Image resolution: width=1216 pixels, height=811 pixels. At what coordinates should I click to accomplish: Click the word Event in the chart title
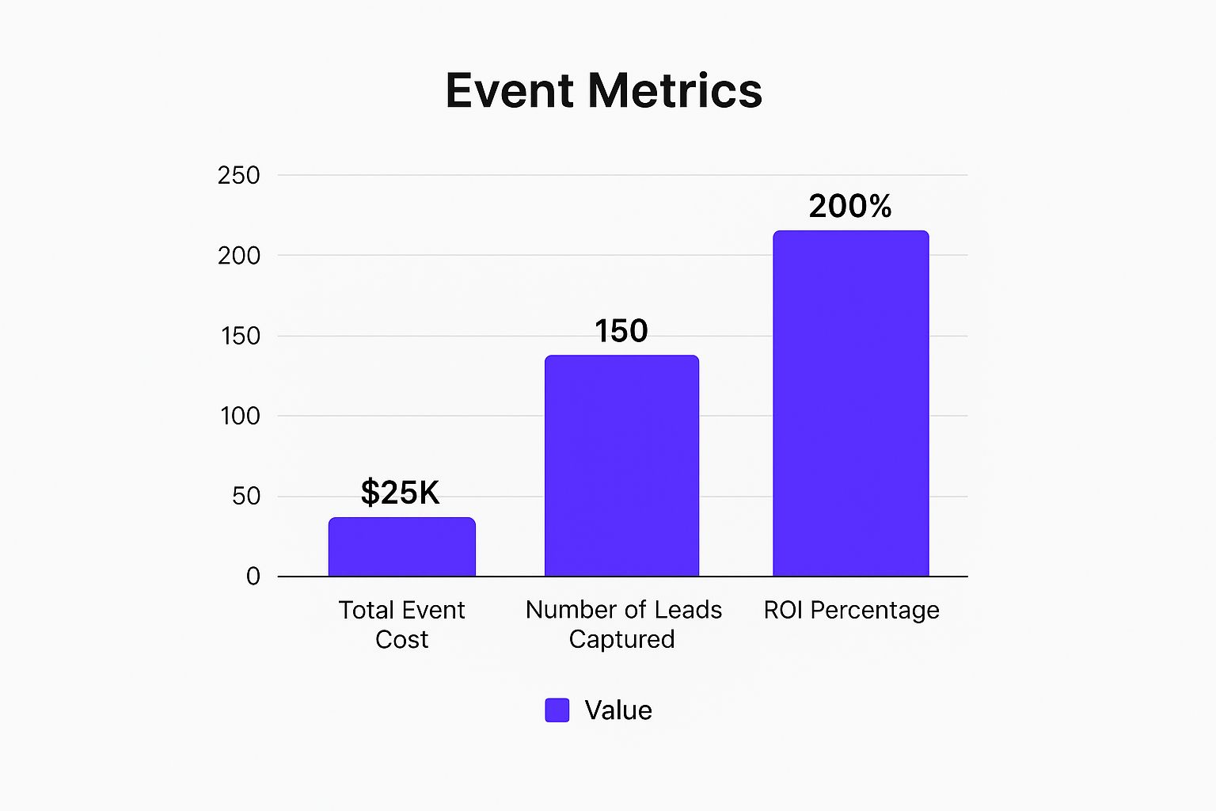click(511, 90)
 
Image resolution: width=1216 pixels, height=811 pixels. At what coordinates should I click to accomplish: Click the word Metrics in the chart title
click(674, 90)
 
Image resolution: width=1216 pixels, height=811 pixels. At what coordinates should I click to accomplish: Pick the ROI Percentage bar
click(850, 403)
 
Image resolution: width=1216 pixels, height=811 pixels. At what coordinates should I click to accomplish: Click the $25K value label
click(400, 493)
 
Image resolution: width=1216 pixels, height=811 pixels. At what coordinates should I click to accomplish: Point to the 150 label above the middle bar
click(621, 331)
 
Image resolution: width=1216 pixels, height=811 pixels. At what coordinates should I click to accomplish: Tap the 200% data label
click(850, 207)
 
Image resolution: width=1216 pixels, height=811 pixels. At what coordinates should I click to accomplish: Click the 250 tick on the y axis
click(238, 175)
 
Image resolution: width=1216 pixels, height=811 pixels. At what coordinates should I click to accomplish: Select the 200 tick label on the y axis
click(238, 256)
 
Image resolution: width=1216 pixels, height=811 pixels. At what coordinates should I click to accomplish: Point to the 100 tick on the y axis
click(240, 416)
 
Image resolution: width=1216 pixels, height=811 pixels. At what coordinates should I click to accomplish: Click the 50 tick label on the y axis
click(245, 497)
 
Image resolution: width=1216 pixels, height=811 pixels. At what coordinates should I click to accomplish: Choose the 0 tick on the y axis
click(253, 577)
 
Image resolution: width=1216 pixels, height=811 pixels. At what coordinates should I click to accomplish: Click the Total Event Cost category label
click(401, 624)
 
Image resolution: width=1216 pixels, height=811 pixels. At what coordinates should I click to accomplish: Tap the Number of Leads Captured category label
click(623, 624)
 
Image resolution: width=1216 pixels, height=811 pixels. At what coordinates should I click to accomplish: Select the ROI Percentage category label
click(851, 610)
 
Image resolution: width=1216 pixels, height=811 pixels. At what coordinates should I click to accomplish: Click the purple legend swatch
click(557, 710)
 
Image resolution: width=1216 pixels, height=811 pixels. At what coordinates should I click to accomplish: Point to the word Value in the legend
click(618, 710)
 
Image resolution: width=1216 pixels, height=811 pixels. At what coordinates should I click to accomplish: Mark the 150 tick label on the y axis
click(240, 336)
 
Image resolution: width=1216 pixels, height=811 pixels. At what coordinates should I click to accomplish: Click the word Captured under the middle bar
click(621, 639)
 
